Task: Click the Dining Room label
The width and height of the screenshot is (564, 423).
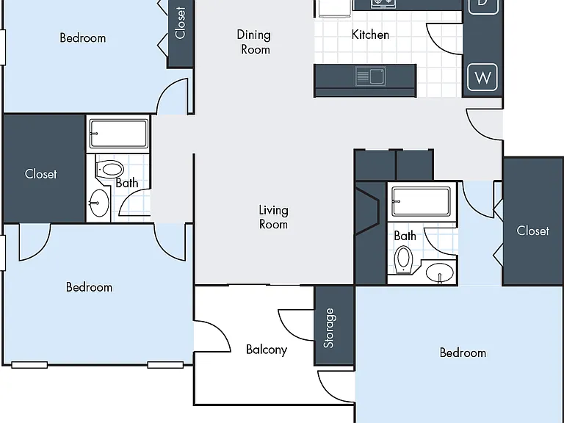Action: pyautogui.click(x=253, y=42)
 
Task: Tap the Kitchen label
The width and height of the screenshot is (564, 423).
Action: pyautogui.click(x=370, y=35)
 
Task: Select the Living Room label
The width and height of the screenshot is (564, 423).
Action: pyautogui.click(x=273, y=217)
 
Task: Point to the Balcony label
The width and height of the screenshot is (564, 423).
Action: pyautogui.click(x=267, y=350)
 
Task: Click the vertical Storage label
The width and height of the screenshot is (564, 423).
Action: pyautogui.click(x=329, y=328)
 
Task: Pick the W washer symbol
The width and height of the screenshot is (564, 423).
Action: pyautogui.click(x=482, y=77)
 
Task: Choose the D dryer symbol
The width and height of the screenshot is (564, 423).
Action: pyautogui.click(x=482, y=4)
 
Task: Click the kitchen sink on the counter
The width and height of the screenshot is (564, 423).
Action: pyautogui.click(x=370, y=76)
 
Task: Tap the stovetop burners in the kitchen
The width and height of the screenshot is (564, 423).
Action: pyautogui.click(x=383, y=4)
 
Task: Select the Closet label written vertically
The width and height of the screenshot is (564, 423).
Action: pyautogui.click(x=180, y=22)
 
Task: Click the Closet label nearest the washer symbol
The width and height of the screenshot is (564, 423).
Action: pyautogui.click(x=532, y=231)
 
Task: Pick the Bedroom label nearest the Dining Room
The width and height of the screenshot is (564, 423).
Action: pyautogui.click(x=83, y=37)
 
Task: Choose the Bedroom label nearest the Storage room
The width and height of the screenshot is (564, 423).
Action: pyautogui.click(x=463, y=352)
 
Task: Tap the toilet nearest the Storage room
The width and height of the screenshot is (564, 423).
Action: pyautogui.click(x=404, y=260)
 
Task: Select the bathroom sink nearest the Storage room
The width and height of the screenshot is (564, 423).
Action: pyautogui.click(x=440, y=272)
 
